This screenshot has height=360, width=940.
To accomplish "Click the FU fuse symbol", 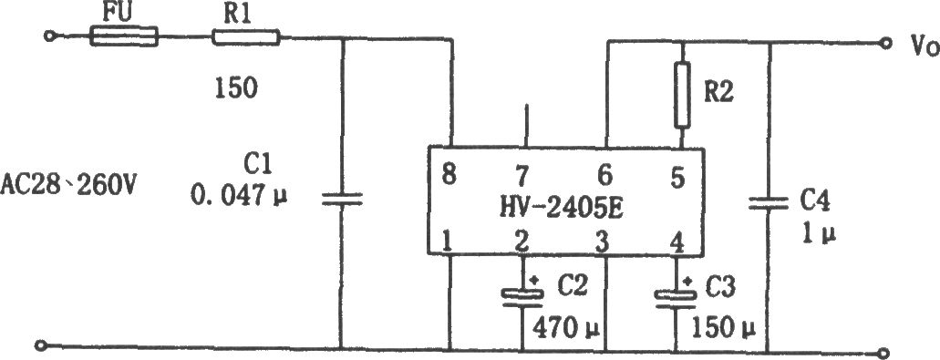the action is pos(124,36).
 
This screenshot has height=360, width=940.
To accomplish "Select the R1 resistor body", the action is pos(246,37).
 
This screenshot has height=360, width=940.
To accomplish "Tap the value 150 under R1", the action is pos(236,88).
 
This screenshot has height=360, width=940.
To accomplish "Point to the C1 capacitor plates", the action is pos(342,200).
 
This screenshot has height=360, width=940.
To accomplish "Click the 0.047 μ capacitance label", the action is pos(239,194).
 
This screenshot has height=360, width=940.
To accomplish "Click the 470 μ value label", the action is pos(566,328).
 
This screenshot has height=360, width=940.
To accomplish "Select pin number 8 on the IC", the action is pos(449,176).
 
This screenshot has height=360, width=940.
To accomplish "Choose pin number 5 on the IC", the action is pos(677,178).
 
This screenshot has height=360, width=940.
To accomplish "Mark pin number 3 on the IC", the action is pos(603,242).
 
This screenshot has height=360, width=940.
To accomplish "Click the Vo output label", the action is pos(916,46).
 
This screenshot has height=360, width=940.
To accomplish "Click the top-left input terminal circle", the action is pos(48,36).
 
